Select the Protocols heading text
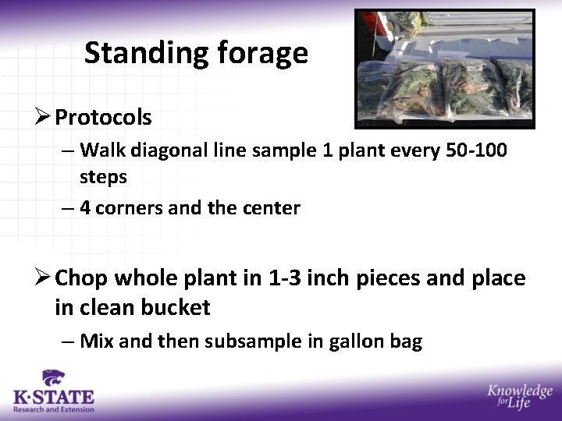103,118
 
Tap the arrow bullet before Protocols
43,118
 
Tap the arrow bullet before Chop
43,278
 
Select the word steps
103,177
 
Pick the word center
272,208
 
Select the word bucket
176,307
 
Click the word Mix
97,341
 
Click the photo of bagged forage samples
444,69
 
